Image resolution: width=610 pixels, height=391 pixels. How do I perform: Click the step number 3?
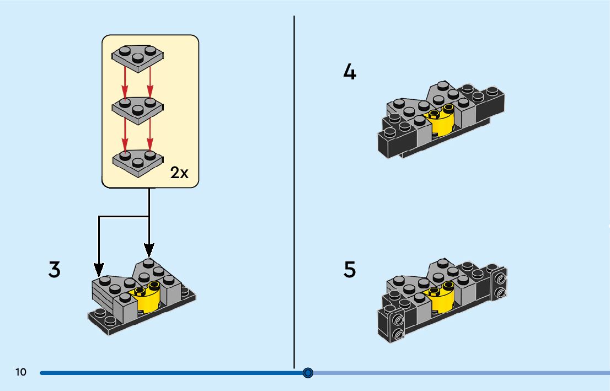pos(54,270)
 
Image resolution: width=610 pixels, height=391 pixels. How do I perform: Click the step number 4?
pos(350,72)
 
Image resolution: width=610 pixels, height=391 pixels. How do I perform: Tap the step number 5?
pos(350,270)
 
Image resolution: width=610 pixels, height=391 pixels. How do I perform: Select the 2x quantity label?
pos(179,173)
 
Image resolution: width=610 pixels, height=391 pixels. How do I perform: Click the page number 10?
pos(21,372)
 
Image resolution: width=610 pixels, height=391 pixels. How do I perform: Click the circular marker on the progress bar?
pos(308,373)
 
